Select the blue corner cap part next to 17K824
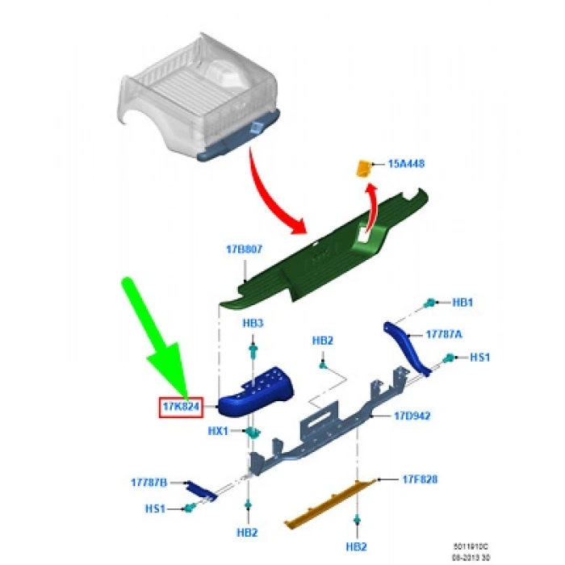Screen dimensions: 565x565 click(256, 391)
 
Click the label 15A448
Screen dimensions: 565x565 click(406, 164)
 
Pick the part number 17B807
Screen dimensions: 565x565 click(243, 250)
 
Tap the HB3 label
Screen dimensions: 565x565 click(253, 322)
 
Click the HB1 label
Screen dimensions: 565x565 click(462, 303)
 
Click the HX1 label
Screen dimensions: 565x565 click(219, 431)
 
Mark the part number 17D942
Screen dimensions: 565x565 click(412, 416)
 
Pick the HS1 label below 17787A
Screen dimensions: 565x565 click(480, 357)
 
